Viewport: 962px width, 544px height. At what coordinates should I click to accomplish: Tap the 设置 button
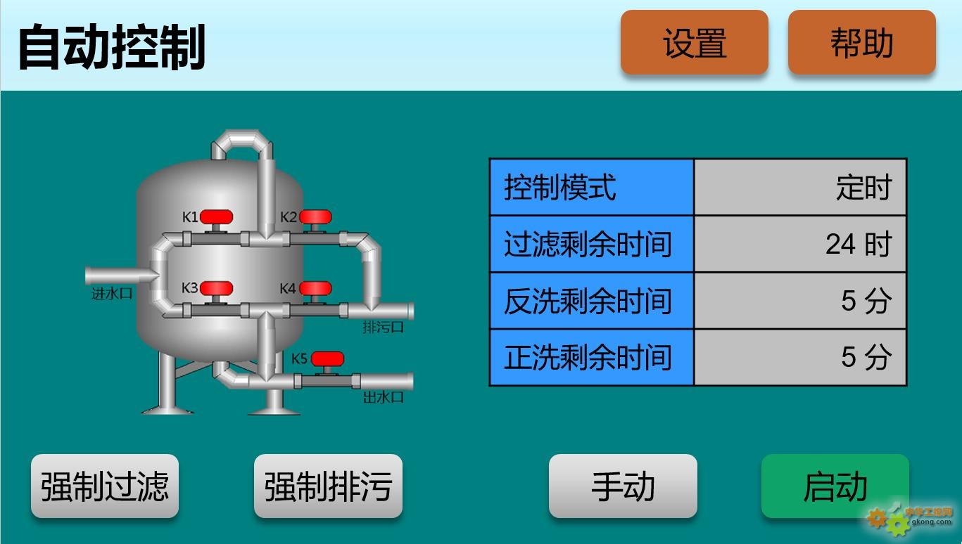point(695,42)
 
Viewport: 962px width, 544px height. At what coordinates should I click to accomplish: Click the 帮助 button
point(862,42)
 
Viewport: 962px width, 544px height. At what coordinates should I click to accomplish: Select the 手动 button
point(623,486)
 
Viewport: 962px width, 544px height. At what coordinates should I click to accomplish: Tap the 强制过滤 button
point(105,486)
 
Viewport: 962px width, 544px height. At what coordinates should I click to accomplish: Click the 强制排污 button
point(328,486)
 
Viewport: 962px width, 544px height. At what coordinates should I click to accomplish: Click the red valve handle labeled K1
point(217,217)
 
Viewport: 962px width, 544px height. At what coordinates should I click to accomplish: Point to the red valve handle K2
point(315,217)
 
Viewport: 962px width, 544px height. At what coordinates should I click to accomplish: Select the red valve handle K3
point(217,289)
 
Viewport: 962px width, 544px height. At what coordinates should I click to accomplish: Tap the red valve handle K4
point(315,289)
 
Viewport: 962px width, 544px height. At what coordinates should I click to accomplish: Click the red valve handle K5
point(327,359)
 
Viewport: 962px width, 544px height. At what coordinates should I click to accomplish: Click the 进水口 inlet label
point(112,294)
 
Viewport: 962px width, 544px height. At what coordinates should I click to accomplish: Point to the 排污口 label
point(383,328)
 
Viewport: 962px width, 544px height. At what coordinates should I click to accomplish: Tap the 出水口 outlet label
point(383,397)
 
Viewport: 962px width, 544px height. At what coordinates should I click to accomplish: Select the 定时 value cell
point(800,187)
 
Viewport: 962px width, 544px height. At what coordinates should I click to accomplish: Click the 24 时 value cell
point(800,244)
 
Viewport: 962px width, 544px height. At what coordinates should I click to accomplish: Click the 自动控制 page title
point(112,46)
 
